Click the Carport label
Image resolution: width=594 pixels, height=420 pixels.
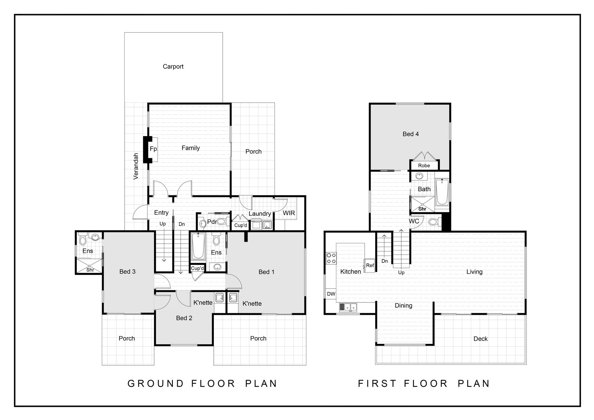tap(173, 67)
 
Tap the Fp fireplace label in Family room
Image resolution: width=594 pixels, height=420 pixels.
tap(153, 149)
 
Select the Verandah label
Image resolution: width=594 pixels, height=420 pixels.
tap(136, 166)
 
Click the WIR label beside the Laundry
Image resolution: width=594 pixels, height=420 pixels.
tap(289, 213)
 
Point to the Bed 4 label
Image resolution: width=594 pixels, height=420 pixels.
tap(411, 134)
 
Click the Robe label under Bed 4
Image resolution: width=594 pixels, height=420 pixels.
tap(424, 166)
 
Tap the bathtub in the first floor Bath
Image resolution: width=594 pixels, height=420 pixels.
tap(442, 192)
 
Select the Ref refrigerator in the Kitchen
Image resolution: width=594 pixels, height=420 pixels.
tap(370, 265)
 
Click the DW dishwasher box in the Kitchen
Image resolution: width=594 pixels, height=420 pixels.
tap(331, 294)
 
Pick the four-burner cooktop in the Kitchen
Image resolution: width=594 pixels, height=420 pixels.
tap(331, 258)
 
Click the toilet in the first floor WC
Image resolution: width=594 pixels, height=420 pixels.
tap(435, 222)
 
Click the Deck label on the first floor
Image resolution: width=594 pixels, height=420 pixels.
tap(480, 339)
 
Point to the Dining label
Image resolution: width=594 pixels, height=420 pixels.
tap(403, 305)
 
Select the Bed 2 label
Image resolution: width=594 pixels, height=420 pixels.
tap(184, 318)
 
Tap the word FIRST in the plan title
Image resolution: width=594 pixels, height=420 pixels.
tap(377, 384)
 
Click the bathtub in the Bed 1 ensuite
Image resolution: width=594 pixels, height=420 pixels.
tap(198, 246)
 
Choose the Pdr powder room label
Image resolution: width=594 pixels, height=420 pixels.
tap(212, 222)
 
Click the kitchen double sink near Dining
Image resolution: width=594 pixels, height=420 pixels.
tap(348, 307)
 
